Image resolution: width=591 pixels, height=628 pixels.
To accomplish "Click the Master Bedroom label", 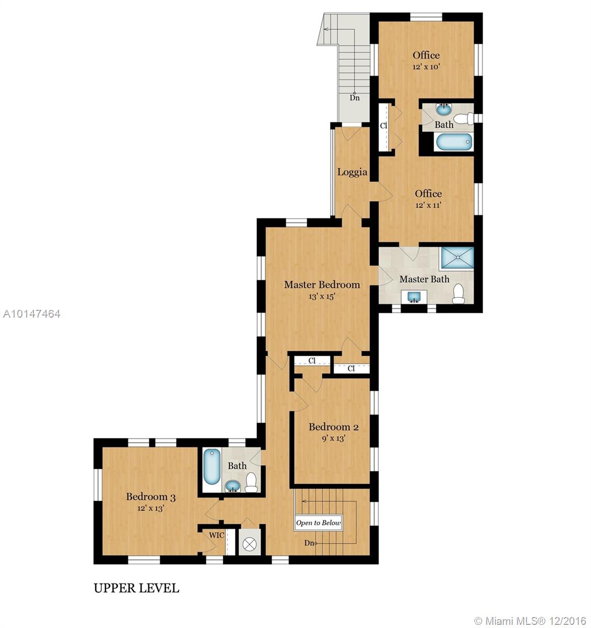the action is pos(322,285).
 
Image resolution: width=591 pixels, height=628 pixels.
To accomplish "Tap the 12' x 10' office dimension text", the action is pos(426,66).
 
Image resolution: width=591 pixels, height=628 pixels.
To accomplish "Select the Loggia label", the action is pos(352,172).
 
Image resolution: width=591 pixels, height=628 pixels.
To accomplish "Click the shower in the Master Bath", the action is pos(457,259).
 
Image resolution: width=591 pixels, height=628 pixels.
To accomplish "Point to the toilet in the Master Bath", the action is pos(458,293).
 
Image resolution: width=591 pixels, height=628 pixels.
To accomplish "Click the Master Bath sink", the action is pos(414,297).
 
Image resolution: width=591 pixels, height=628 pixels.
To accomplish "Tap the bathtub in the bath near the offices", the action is pos(454,142).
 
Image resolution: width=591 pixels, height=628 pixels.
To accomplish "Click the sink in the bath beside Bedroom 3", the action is pos(233,486).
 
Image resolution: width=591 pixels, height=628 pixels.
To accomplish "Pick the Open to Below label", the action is pos(319,522).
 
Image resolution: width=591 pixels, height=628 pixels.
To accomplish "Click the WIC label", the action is pos(217,535).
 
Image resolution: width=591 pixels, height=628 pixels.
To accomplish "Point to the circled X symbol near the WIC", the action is pos(249,544).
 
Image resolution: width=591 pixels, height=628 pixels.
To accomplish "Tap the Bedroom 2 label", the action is pos(334,427).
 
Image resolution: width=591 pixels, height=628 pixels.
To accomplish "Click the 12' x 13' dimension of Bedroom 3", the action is pos(151,508).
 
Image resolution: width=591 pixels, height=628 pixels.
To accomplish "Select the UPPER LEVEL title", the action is pos(137,588).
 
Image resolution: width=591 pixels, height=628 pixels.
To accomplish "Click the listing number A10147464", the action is pos(31,313).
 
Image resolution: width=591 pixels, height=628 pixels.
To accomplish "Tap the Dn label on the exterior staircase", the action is pos(355,98).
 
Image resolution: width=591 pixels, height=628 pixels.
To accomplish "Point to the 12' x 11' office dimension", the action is pos(428,205).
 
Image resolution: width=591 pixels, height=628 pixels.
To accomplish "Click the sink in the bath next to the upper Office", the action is pos(444,109).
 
